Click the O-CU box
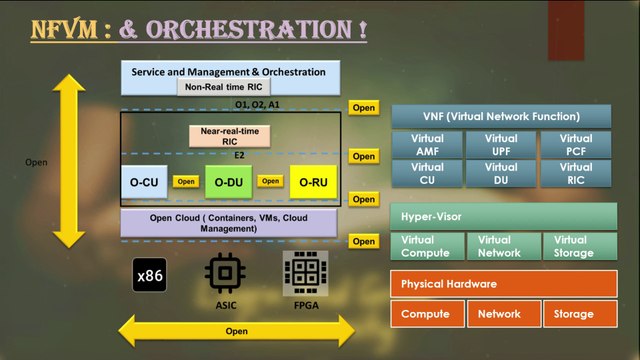[144, 182]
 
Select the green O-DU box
[229, 182]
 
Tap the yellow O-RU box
[313, 182]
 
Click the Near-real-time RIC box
[229, 136]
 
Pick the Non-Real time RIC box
[224, 87]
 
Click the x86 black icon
[149, 275]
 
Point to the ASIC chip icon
[225, 273]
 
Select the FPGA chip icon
[305, 273]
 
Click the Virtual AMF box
[427, 144]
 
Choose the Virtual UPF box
[501, 144]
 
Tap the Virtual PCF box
[576, 144]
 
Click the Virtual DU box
[501, 173]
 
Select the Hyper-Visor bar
[504, 216]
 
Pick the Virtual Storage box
[580, 246]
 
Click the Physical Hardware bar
[504, 284]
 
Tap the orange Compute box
[427, 314]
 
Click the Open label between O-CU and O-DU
[186, 182]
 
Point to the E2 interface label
[239, 156]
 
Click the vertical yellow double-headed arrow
[69, 161]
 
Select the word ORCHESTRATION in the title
[249, 29]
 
